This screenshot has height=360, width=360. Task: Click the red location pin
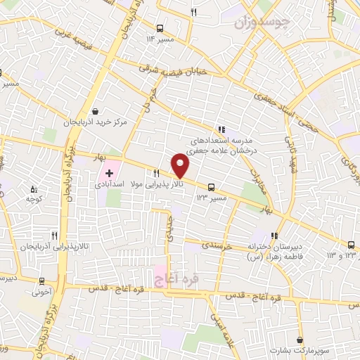coord(181,166)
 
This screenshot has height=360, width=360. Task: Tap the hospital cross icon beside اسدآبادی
coord(109,172)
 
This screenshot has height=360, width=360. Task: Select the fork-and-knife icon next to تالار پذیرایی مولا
coord(157,173)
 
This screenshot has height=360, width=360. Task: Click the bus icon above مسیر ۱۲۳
coord(212,187)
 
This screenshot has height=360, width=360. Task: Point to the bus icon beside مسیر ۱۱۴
coord(160,29)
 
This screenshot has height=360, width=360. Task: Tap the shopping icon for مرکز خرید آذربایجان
coord(96,111)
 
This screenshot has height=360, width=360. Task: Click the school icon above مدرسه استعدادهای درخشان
coord(221,129)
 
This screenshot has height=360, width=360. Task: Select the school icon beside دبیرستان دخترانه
coord(274,236)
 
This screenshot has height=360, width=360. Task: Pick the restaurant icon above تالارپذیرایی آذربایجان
coord(54,236)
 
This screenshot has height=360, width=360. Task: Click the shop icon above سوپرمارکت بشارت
coord(300,340)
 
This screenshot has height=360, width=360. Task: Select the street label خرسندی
coord(221,246)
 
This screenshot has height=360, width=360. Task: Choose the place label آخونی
coord(39,291)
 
